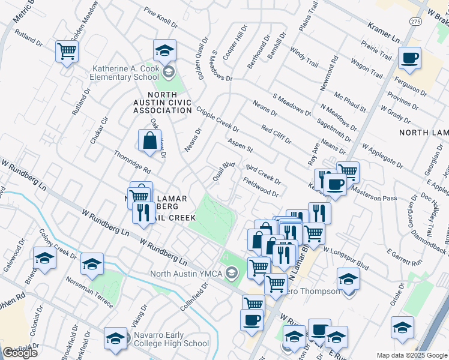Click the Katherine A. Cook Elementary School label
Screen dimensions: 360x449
pyautogui.click(x=125, y=73)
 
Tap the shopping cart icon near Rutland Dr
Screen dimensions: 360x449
pyautogui.click(x=67, y=51)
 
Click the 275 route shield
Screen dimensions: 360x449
pyautogui.click(x=416, y=21)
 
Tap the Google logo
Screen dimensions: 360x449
pyautogui.click(x=20, y=353)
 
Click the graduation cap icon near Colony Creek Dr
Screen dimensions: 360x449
pyautogui.click(x=44, y=259)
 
